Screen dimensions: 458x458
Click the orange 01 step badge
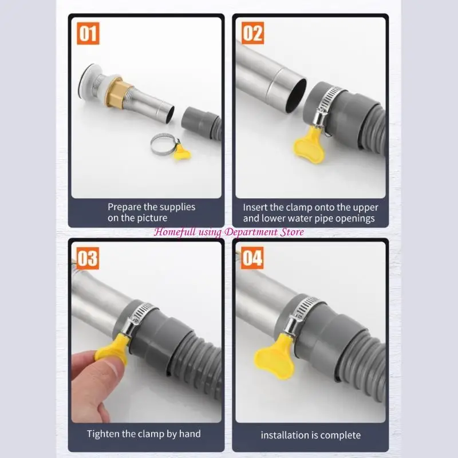(88, 34)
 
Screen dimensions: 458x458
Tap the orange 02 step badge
(252, 34)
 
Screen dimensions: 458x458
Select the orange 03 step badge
(88, 258)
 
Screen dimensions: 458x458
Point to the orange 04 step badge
(252, 258)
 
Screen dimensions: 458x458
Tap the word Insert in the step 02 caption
(256, 207)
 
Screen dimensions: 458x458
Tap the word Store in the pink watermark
(291, 232)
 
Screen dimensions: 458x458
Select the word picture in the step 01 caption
(151, 218)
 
